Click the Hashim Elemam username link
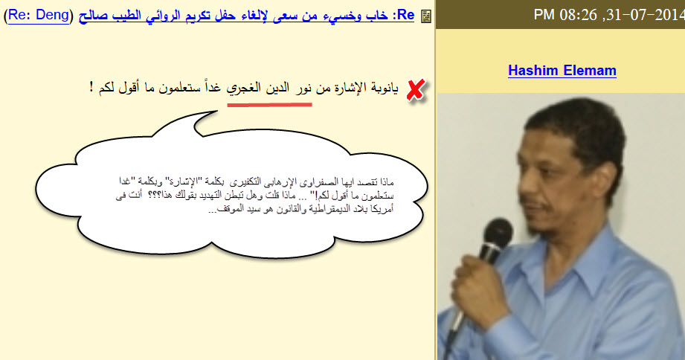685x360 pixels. (x=562, y=71)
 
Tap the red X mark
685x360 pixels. (x=416, y=90)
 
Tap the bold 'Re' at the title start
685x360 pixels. (x=406, y=14)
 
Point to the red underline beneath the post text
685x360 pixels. (x=268, y=103)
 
